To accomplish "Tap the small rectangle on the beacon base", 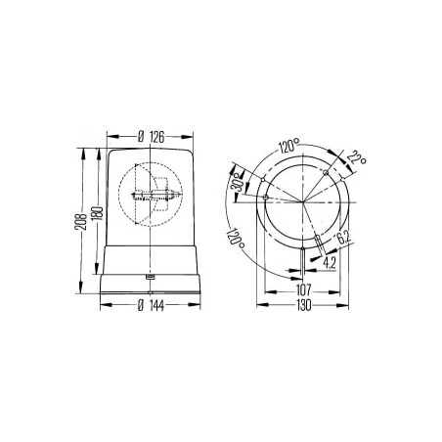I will coord(149,277).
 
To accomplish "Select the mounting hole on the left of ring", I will coord(265,197).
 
